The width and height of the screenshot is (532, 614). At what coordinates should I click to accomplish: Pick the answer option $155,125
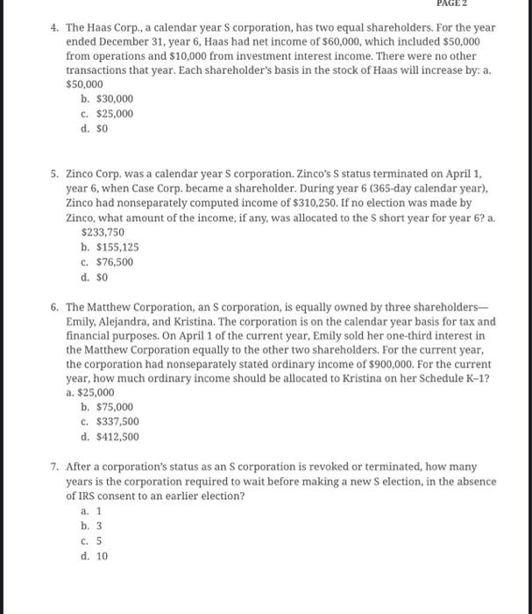pos(109,247)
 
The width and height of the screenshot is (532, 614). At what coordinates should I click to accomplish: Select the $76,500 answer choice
pos(106,261)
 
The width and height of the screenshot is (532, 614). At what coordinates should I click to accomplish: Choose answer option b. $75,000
pos(106,407)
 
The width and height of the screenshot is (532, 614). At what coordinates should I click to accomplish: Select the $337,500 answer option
pos(109,422)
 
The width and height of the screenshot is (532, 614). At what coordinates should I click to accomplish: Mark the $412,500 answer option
pos(109,436)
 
